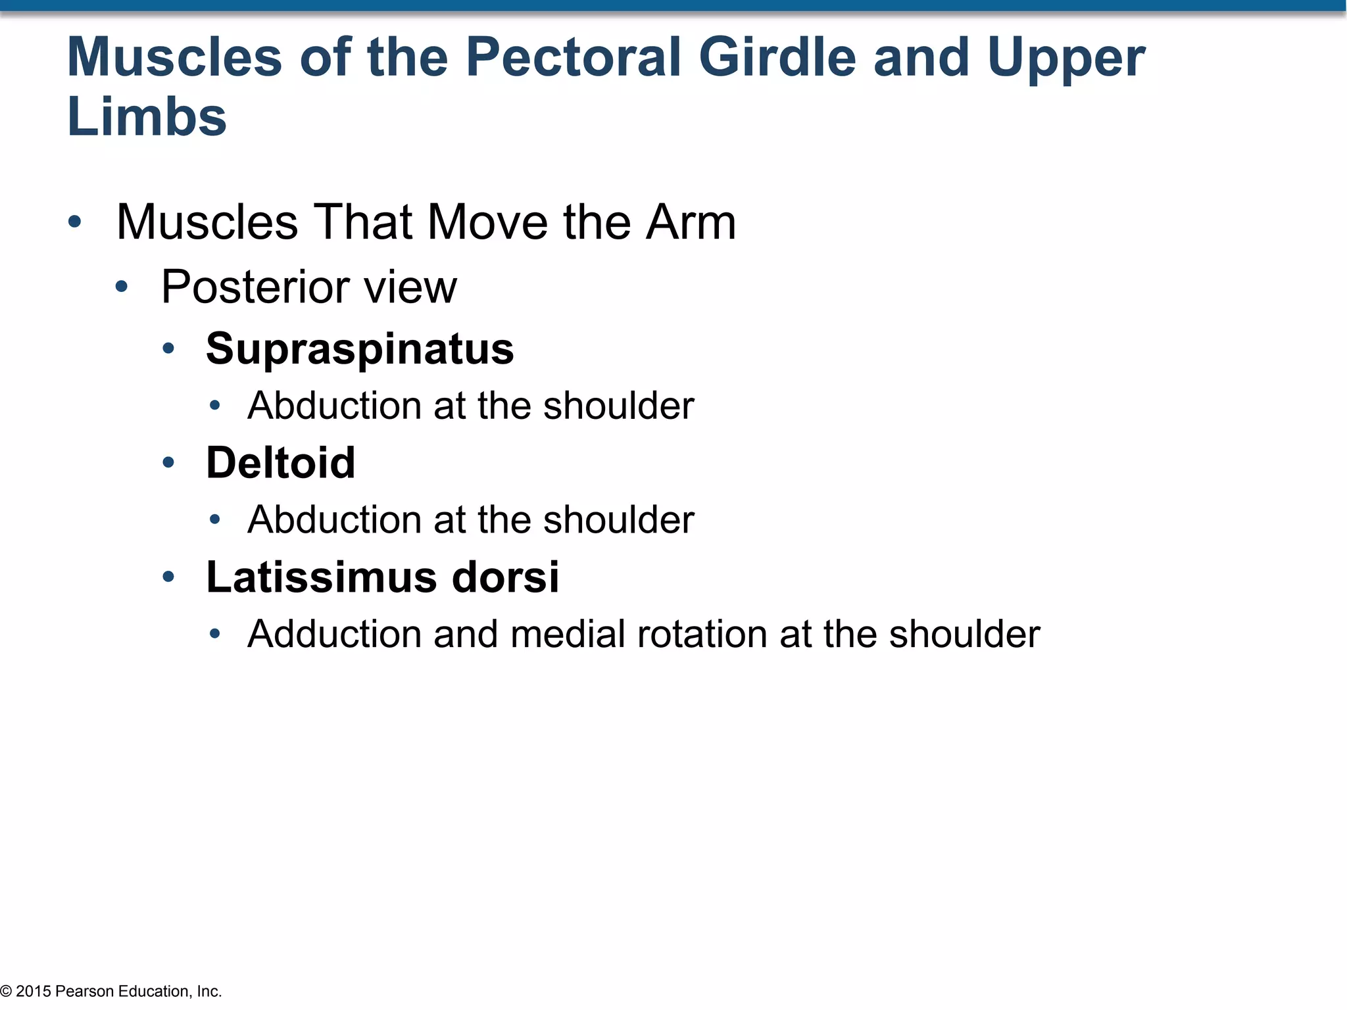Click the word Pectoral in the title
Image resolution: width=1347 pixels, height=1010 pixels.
573,58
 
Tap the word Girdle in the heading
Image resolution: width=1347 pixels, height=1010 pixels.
777,58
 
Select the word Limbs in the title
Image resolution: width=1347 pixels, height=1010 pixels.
147,118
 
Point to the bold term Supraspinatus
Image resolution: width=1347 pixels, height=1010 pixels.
360,349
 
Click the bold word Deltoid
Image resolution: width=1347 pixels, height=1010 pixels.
281,462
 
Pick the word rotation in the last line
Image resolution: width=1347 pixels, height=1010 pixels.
702,634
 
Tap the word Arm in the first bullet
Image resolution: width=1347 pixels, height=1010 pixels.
691,222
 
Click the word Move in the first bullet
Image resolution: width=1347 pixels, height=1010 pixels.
487,222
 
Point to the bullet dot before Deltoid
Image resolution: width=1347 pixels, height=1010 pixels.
168,463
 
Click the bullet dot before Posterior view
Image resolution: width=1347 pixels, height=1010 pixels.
122,287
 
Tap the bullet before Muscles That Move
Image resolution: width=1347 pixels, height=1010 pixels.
75,222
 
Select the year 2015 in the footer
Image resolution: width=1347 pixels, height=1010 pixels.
33,991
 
